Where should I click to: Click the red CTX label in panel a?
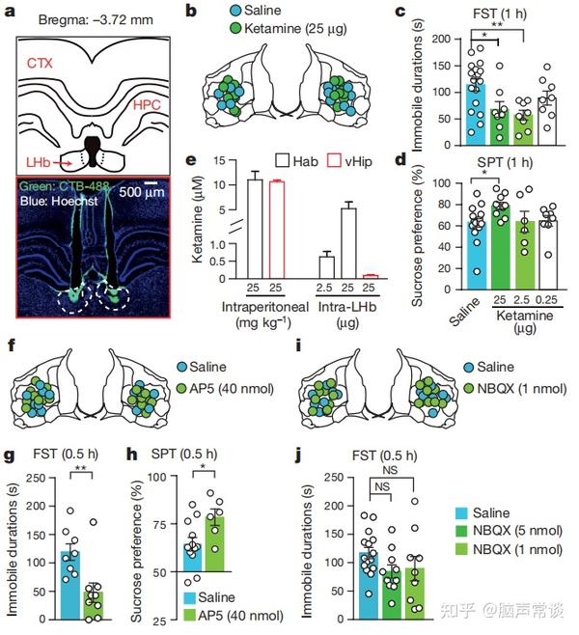tap(40, 63)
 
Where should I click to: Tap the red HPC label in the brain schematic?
tap(147, 105)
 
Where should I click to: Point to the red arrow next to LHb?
tap(64, 163)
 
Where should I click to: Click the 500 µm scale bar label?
tap(142, 191)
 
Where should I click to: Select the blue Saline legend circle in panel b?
tap(235, 10)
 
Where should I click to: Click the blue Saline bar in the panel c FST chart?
tap(476, 114)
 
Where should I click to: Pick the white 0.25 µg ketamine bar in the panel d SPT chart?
tap(548, 255)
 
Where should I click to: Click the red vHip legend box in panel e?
tap(335, 161)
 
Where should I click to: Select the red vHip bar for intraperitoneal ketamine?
tap(277, 230)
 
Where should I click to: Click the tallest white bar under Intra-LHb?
tap(348, 243)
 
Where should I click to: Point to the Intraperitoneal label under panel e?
tap(264, 307)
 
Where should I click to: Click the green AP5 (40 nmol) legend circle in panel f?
tap(181, 388)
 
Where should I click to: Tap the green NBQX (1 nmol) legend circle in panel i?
tap(469, 388)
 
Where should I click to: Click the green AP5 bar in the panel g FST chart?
tap(94, 605)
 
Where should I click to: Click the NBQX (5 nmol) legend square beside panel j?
tap(461, 531)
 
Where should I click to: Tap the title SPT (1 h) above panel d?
tap(505, 163)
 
